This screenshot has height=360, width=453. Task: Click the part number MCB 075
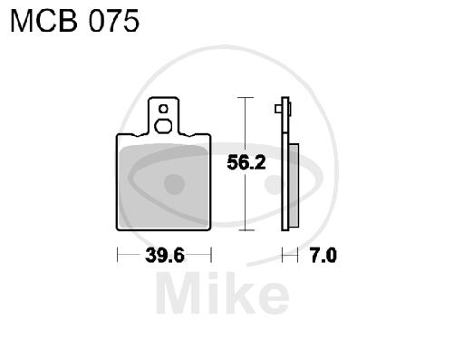click(x=74, y=21)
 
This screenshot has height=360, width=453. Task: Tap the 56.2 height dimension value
click(x=246, y=162)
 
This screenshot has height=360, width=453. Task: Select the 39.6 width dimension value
click(x=165, y=256)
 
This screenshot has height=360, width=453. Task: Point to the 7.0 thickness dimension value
click(x=323, y=256)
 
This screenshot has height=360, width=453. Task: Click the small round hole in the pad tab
click(x=163, y=109)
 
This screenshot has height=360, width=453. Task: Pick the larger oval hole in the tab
click(x=163, y=126)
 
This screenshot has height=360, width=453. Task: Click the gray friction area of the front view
click(x=163, y=186)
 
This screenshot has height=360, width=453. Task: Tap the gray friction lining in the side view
click(x=294, y=186)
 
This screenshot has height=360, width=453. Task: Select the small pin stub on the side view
click(x=278, y=109)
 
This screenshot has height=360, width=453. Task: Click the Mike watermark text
click(x=223, y=293)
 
